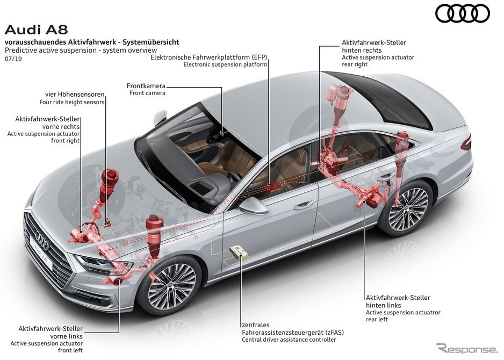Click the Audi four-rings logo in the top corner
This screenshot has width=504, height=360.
pyautogui.click(x=463, y=13)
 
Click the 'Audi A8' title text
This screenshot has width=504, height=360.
pyautogui.click(x=37, y=30)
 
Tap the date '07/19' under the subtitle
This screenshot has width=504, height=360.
pyautogui.click(x=13, y=59)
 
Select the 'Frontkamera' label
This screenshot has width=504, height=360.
pyautogui.click(x=146, y=86)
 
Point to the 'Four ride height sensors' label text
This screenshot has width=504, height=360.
pyautogui.click(x=72, y=102)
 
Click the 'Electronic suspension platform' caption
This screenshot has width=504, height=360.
pyautogui.click(x=225, y=64)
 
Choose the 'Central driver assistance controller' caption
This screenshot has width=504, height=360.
pyautogui.click(x=289, y=340)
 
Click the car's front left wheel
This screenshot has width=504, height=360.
pyautogui.click(x=169, y=286)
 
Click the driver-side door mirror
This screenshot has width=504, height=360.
pyautogui.click(x=253, y=205)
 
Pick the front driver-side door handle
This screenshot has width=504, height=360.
pyautogui.click(x=304, y=205)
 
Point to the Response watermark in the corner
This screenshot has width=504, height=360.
pyautogui.click(x=466, y=349)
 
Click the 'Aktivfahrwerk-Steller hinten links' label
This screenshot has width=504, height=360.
pyautogui.click(x=398, y=301)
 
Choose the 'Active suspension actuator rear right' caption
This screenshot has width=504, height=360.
pyautogui.click(x=378, y=61)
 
